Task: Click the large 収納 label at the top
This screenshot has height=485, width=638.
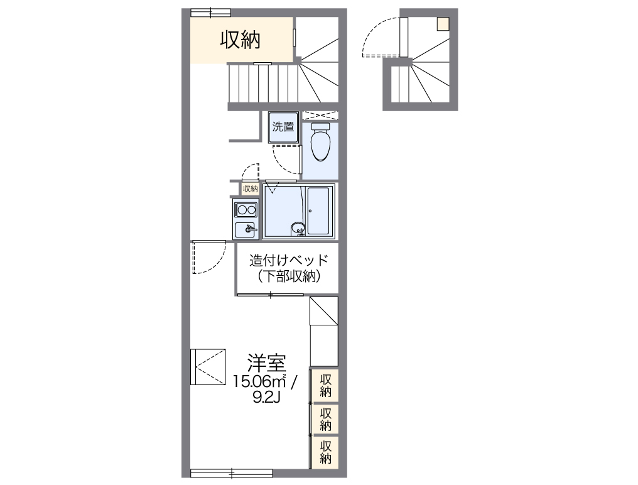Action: [240, 40]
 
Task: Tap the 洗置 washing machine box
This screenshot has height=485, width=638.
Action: [283, 127]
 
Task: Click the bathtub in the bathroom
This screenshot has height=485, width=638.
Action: [320, 211]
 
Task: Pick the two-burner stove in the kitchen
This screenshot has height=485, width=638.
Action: [246, 209]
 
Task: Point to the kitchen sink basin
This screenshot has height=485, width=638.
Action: [246, 230]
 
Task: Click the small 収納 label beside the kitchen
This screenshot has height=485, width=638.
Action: [250, 188]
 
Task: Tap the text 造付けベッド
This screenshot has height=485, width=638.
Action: [288, 260]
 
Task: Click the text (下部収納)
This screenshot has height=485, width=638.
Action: [288, 276]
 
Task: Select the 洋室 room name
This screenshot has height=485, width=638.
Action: [266, 363]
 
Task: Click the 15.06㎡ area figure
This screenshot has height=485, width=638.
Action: [260, 381]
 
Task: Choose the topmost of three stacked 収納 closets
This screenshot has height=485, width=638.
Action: [325, 385]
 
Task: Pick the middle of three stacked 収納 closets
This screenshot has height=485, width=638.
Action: [325, 419]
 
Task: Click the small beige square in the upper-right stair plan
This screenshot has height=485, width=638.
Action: [443, 24]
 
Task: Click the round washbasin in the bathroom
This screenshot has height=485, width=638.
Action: [298, 228]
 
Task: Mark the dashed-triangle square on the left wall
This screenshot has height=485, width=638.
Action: [208, 366]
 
